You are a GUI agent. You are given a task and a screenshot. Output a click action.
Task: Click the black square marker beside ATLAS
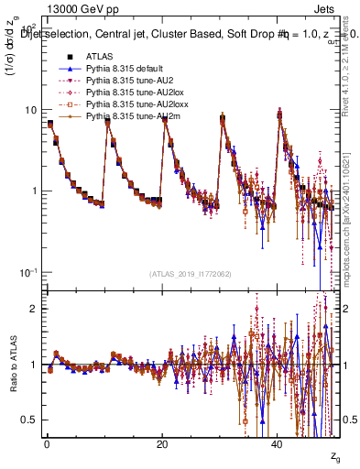68,56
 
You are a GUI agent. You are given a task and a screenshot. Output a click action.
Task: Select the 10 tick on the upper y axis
30,110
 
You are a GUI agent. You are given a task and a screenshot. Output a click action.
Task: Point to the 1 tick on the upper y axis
34,191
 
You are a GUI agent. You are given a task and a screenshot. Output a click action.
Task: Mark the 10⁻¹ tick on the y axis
29,272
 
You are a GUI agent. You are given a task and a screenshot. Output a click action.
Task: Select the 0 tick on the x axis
47,444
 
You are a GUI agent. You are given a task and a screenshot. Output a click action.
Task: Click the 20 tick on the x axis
162,444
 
